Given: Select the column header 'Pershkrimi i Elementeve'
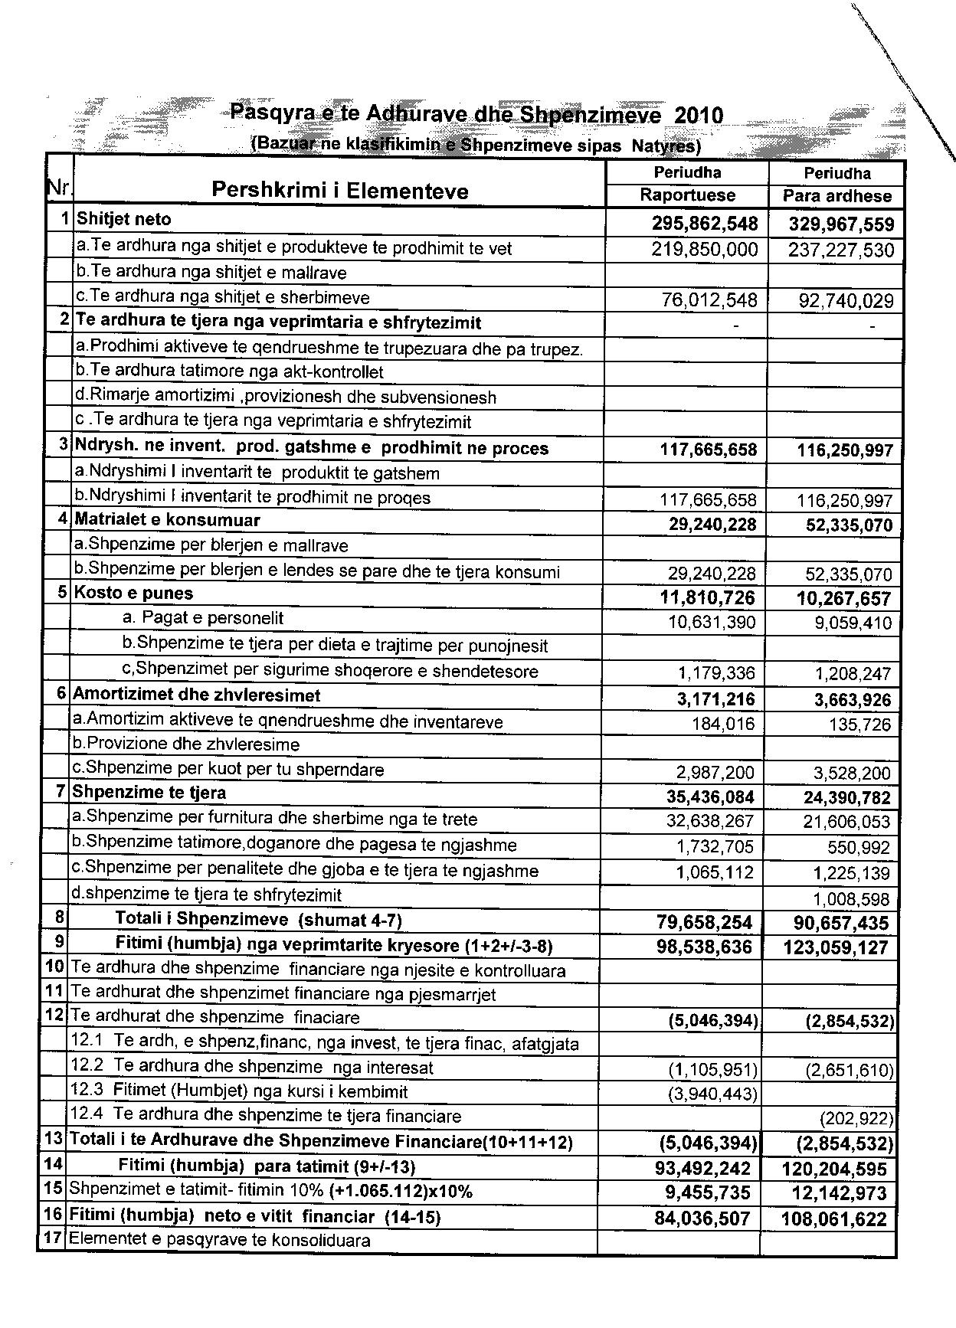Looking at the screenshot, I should [x=340, y=190].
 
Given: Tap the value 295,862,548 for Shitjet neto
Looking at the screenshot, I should [x=705, y=224].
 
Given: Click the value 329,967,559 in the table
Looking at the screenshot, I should [x=841, y=225].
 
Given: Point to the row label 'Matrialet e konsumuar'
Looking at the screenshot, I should [x=168, y=521].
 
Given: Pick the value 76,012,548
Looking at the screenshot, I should [x=709, y=300].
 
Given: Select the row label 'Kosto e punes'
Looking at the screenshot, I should [x=133, y=594].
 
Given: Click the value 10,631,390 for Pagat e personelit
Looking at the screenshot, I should [x=712, y=622].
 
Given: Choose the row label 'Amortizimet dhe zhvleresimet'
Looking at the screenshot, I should [x=197, y=695].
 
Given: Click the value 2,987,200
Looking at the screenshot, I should [x=715, y=773].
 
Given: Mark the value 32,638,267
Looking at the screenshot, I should [x=710, y=822].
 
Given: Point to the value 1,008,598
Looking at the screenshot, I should [x=851, y=898].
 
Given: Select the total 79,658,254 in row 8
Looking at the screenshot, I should [x=705, y=923].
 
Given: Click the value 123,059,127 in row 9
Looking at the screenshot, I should [x=836, y=947].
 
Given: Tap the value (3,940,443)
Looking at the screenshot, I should [x=713, y=1094].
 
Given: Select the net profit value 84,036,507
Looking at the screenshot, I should [x=702, y=1218].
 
